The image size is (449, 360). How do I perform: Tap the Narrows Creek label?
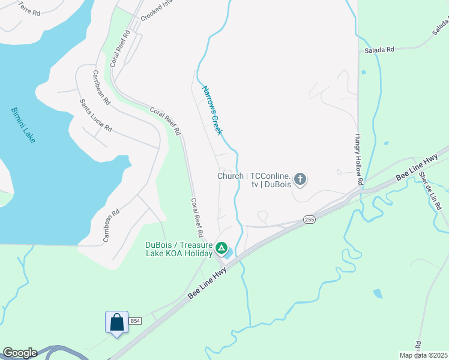[x=212, y=110]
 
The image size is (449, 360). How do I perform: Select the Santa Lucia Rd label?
[x=96, y=115]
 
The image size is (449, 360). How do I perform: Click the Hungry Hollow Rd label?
[x=359, y=159]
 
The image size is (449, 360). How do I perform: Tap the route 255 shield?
[x=309, y=220]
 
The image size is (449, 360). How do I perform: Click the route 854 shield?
[x=135, y=322]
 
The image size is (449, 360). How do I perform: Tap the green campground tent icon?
[x=221, y=247]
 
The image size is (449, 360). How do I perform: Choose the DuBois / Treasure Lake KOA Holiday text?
[x=179, y=249]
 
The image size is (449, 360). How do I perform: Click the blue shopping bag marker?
[x=116, y=322]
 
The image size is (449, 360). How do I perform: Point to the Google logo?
[x=20, y=353]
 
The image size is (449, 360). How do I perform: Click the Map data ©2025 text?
[x=424, y=355]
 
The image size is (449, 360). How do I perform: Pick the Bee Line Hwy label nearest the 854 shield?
[x=208, y=284]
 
